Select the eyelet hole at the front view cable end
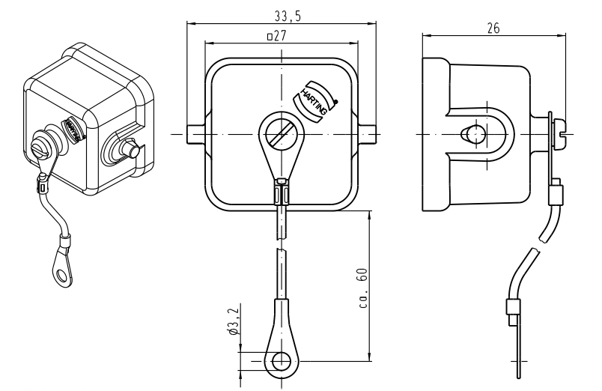coord(282,361)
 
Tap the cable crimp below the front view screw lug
coord(280,193)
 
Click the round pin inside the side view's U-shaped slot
coord(470,134)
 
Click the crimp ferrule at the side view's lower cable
coord(513,307)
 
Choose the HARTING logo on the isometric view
coord(73,129)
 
